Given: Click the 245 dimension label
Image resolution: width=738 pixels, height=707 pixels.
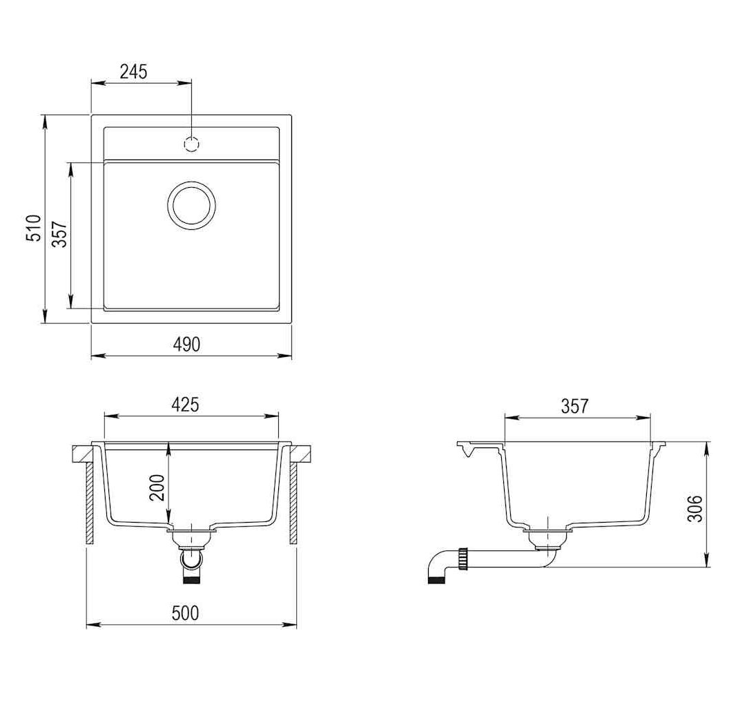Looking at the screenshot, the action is (134, 72).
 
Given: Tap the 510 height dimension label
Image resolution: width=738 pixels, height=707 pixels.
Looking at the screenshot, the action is (33, 228).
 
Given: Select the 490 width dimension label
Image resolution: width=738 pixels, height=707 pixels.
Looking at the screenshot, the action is (187, 345).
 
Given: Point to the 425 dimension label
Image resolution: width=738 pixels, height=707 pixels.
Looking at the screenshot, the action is (185, 405).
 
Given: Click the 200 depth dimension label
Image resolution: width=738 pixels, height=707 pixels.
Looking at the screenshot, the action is (157, 487).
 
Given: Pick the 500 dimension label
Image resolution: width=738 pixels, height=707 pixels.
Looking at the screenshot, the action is (186, 613).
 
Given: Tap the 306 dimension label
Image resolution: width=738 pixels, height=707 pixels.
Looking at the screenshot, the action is (695, 508).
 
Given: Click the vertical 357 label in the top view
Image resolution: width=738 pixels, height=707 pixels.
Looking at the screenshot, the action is (60, 234).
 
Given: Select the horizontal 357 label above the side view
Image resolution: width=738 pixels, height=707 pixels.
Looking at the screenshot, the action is (574, 406).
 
